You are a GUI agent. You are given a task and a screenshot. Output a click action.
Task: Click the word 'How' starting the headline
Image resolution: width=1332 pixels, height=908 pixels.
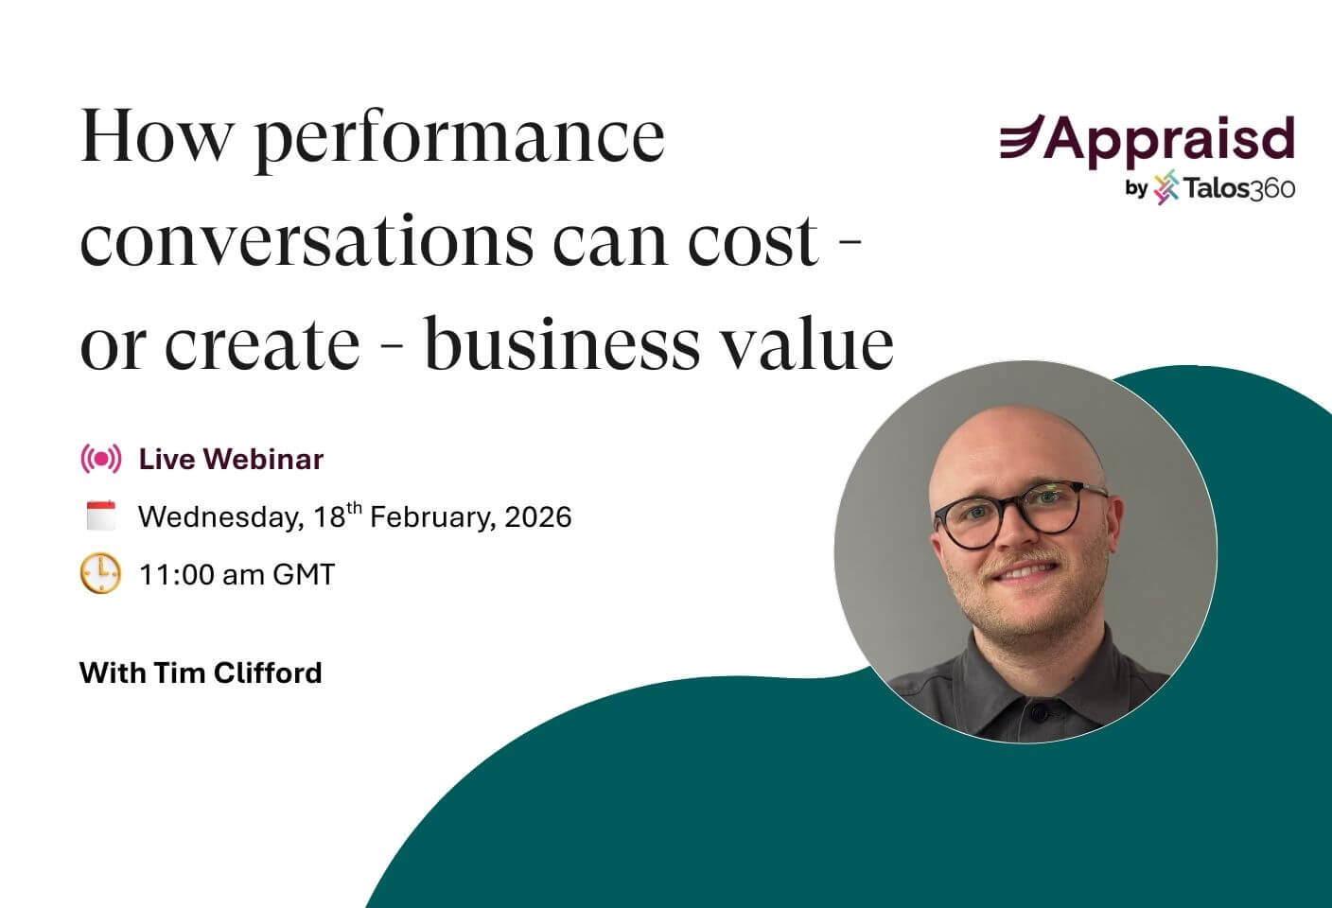pos(156,137)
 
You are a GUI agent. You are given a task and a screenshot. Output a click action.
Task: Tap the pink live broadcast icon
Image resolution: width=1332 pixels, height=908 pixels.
pos(101,460)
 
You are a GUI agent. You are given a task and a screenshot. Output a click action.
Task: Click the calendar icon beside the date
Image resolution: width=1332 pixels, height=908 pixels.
pos(101,516)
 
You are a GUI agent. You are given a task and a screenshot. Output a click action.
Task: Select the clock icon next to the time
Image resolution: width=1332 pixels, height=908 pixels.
pos(101,574)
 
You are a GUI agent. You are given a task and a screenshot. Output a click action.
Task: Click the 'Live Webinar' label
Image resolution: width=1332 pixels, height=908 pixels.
pos(231,460)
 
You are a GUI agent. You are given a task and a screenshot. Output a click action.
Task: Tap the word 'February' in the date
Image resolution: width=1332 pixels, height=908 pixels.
pos(431,517)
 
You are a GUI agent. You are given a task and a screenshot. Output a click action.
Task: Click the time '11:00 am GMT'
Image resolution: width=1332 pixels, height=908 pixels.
pos(237,575)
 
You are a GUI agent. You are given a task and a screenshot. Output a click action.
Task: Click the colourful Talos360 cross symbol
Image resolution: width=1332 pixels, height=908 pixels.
pos(1166,187)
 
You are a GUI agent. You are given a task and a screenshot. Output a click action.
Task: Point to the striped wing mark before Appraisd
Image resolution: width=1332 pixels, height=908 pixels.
pos(1022,138)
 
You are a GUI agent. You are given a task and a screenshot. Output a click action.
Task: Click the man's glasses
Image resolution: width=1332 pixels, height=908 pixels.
pos(1020,516)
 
